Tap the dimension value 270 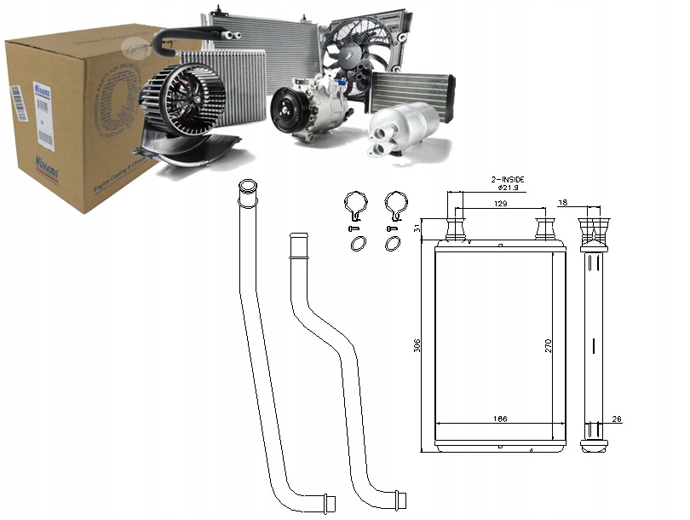click(x=549, y=345)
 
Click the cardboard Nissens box click(x=77, y=119)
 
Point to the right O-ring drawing click(x=393, y=244)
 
